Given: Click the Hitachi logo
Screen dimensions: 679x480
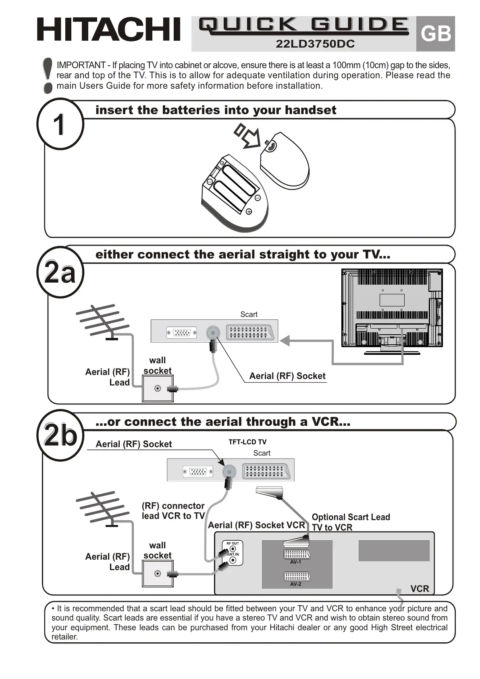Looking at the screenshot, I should (108, 29).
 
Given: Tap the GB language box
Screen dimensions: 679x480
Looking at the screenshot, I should (435, 34).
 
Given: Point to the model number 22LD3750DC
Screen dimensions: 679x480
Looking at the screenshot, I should (315, 44).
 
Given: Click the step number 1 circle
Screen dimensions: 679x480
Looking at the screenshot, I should (60, 124).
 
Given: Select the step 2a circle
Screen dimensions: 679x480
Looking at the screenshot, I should (60, 272).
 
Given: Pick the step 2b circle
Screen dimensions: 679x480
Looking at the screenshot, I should (60, 435).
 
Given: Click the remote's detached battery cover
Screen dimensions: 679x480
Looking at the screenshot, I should (285, 159).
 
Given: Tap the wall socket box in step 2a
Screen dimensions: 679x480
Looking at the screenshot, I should (158, 388).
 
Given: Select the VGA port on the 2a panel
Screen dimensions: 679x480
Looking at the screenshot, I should (182, 333).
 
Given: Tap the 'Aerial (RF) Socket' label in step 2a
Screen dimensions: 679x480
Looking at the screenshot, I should (287, 376).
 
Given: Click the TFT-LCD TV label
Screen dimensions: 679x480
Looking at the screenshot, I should (247, 442).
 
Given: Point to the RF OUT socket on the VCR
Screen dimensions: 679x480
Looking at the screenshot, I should (233, 549).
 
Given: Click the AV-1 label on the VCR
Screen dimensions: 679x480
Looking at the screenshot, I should (296, 562).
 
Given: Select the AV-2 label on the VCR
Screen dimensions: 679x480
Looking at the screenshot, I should (296, 584).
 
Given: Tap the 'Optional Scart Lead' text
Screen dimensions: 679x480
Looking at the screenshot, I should (351, 517).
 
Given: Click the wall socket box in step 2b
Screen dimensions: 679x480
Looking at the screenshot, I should (158, 573).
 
